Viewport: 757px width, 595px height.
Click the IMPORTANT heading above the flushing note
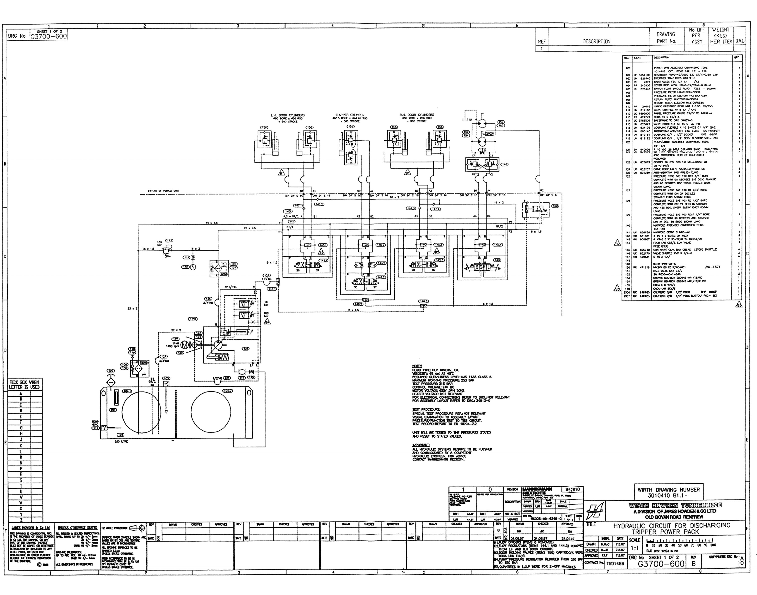click(421, 445)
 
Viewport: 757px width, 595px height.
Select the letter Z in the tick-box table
click(21, 520)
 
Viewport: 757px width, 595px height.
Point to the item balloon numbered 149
click(504, 164)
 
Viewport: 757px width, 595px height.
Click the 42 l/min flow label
click(230, 287)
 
